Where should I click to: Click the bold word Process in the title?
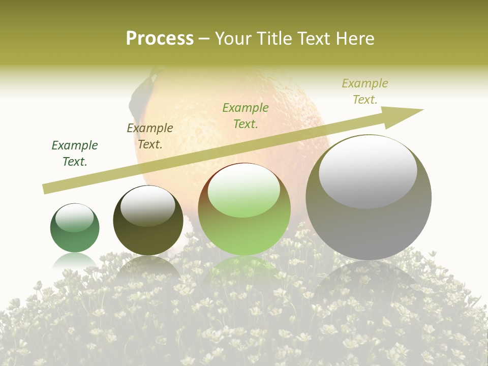160,38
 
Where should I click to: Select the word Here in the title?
354,38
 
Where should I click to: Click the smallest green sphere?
75,229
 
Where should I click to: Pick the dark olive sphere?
148,224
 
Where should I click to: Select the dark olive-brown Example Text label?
150,136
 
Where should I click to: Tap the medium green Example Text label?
246,116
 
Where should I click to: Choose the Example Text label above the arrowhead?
365,91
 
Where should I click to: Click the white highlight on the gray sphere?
368,170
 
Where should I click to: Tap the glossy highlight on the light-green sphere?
244,190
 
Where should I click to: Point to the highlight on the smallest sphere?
75,218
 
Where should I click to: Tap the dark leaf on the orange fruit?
138,97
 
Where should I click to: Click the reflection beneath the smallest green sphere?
75,262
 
